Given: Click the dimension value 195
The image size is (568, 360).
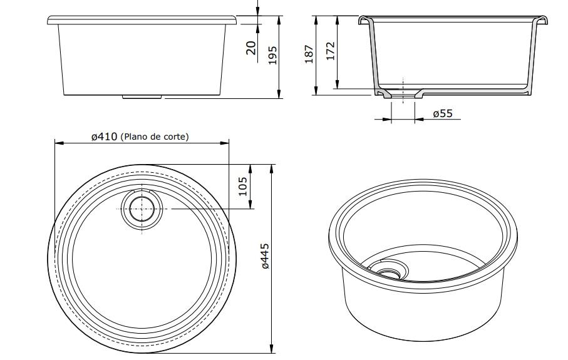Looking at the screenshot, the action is click(x=273, y=55).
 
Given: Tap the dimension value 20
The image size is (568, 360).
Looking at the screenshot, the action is click(x=251, y=48).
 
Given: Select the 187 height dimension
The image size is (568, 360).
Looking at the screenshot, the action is click(x=309, y=54).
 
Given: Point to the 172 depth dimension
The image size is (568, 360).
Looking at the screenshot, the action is click(x=331, y=51).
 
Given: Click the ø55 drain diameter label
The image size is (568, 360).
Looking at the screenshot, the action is click(x=443, y=113).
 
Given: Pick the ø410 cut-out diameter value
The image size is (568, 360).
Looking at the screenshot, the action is click(x=105, y=136).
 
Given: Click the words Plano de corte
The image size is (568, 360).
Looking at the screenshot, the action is click(x=155, y=136).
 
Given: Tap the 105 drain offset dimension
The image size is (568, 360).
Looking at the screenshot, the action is click(x=243, y=186).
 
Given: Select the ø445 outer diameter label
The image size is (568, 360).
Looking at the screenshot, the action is click(x=265, y=256).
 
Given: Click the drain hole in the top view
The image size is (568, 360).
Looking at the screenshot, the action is click(x=142, y=209).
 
